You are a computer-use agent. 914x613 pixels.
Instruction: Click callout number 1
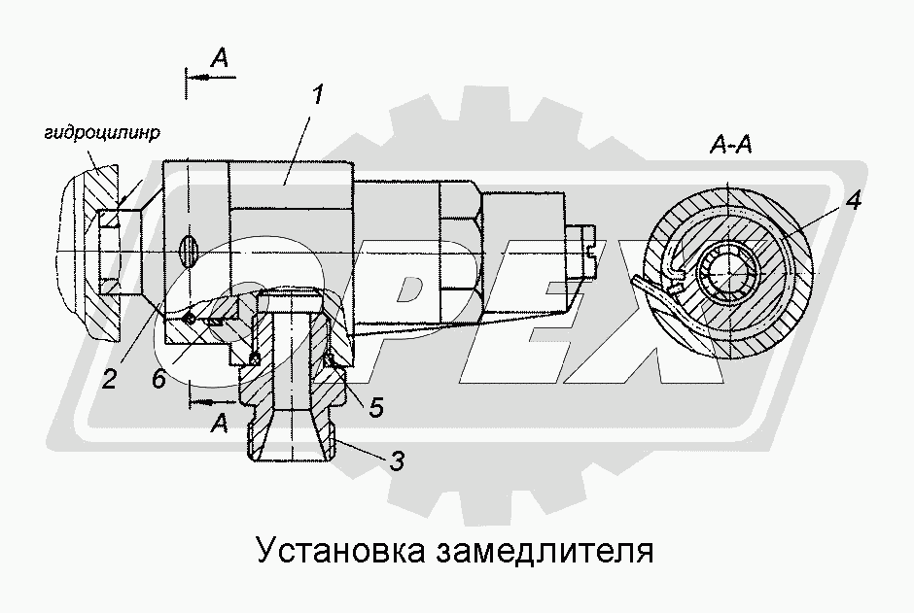pos(318,96)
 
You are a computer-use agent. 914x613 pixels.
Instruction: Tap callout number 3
pos(396,463)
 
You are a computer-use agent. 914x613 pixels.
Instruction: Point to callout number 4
pos(852,203)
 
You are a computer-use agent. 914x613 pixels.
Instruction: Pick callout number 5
pos(374,408)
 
